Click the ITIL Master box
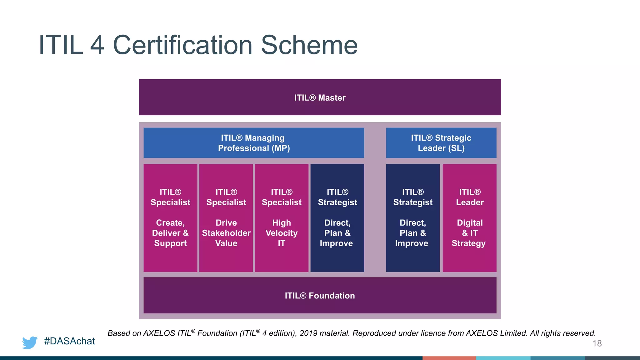(x=320, y=97)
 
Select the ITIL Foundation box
(x=320, y=295)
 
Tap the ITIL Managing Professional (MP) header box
(x=254, y=143)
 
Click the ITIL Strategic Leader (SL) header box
(x=441, y=143)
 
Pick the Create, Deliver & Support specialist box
(x=170, y=218)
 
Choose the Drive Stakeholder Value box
(x=226, y=218)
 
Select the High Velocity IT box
(x=282, y=218)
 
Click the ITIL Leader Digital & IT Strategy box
(x=469, y=218)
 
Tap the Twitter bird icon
(x=30, y=342)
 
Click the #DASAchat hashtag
(x=69, y=341)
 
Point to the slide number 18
(x=597, y=343)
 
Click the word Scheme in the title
(x=309, y=45)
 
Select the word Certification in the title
(x=182, y=45)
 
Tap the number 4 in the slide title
(x=97, y=45)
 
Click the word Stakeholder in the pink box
(x=226, y=233)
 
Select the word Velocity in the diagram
(x=282, y=233)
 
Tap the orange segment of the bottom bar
(x=449, y=358)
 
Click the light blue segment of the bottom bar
(x=503, y=358)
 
